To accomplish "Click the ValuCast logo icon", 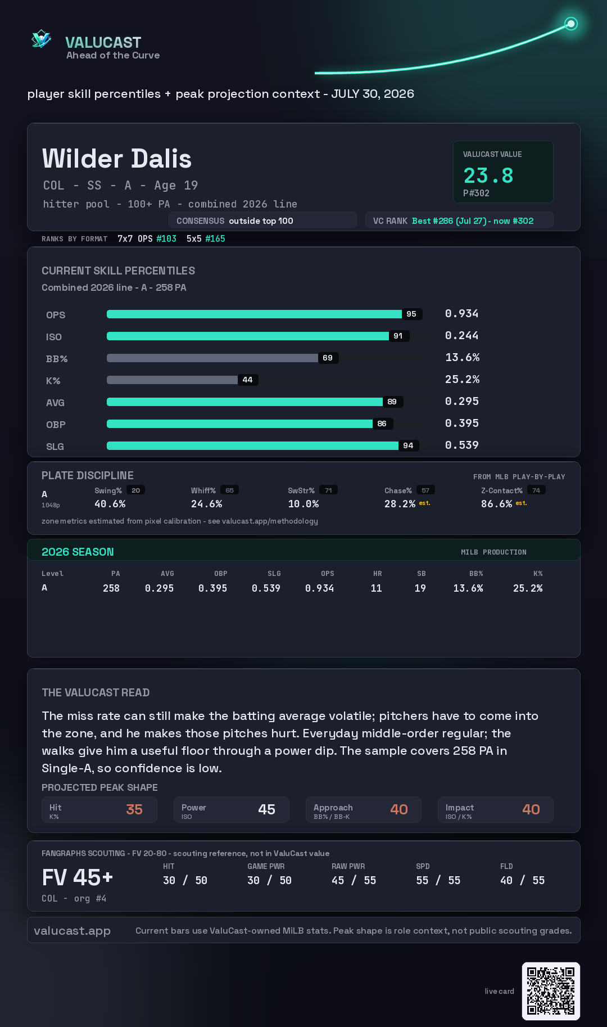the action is click(x=41, y=39).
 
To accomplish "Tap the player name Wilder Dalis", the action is click(x=117, y=159).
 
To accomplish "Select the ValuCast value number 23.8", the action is click(x=488, y=175).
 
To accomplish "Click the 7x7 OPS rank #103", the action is click(x=166, y=238).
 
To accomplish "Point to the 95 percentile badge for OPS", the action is click(x=411, y=314).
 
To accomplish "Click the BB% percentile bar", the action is click(x=212, y=358).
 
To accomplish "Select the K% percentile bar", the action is click(x=172, y=380).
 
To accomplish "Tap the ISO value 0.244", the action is click(x=461, y=335).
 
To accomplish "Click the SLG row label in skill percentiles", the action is click(x=55, y=447).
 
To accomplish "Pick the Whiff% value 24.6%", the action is click(x=206, y=504).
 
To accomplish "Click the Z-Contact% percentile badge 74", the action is click(x=536, y=490).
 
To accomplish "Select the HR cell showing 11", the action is click(x=377, y=588).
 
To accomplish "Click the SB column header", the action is click(x=422, y=574).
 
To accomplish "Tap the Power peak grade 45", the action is click(x=266, y=809).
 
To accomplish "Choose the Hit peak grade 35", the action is click(x=134, y=809).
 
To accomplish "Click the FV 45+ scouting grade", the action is click(x=78, y=877).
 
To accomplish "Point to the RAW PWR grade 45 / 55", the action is click(x=354, y=880).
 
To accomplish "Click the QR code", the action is click(x=551, y=991).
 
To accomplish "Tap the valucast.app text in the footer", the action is click(x=72, y=931).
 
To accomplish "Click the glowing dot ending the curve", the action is click(x=571, y=24).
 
